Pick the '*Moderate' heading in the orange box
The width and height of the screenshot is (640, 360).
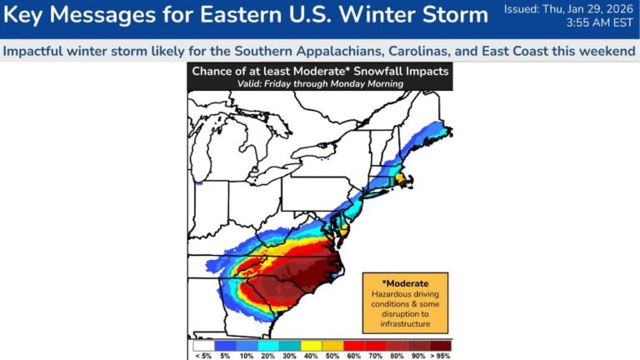[x=406, y=282]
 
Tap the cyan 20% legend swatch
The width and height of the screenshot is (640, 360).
[x=267, y=345]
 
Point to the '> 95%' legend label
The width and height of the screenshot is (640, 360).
[x=439, y=356]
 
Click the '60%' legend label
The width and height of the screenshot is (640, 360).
[x=353, y=356]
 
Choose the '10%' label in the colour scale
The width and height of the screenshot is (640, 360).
[x=246, y=356]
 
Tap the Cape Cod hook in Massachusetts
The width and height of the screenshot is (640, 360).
[x=411, y=177]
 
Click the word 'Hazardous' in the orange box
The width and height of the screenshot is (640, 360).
[x=406, y=294]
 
